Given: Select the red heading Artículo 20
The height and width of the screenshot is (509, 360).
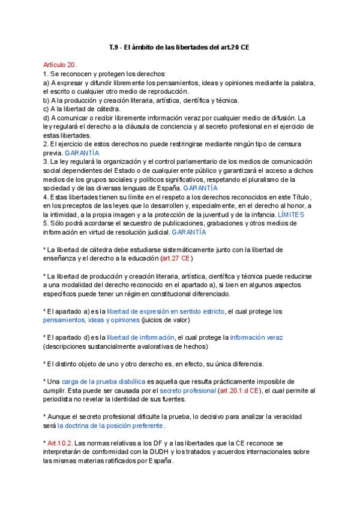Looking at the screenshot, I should (59, 64).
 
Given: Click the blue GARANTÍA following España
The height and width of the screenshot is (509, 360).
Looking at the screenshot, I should (201, 188).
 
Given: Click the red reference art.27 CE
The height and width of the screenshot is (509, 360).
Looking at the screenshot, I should (176, 258).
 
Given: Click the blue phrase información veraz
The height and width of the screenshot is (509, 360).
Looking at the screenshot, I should (256, 337).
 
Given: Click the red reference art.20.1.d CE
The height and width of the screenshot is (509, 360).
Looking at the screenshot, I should (239, 390).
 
